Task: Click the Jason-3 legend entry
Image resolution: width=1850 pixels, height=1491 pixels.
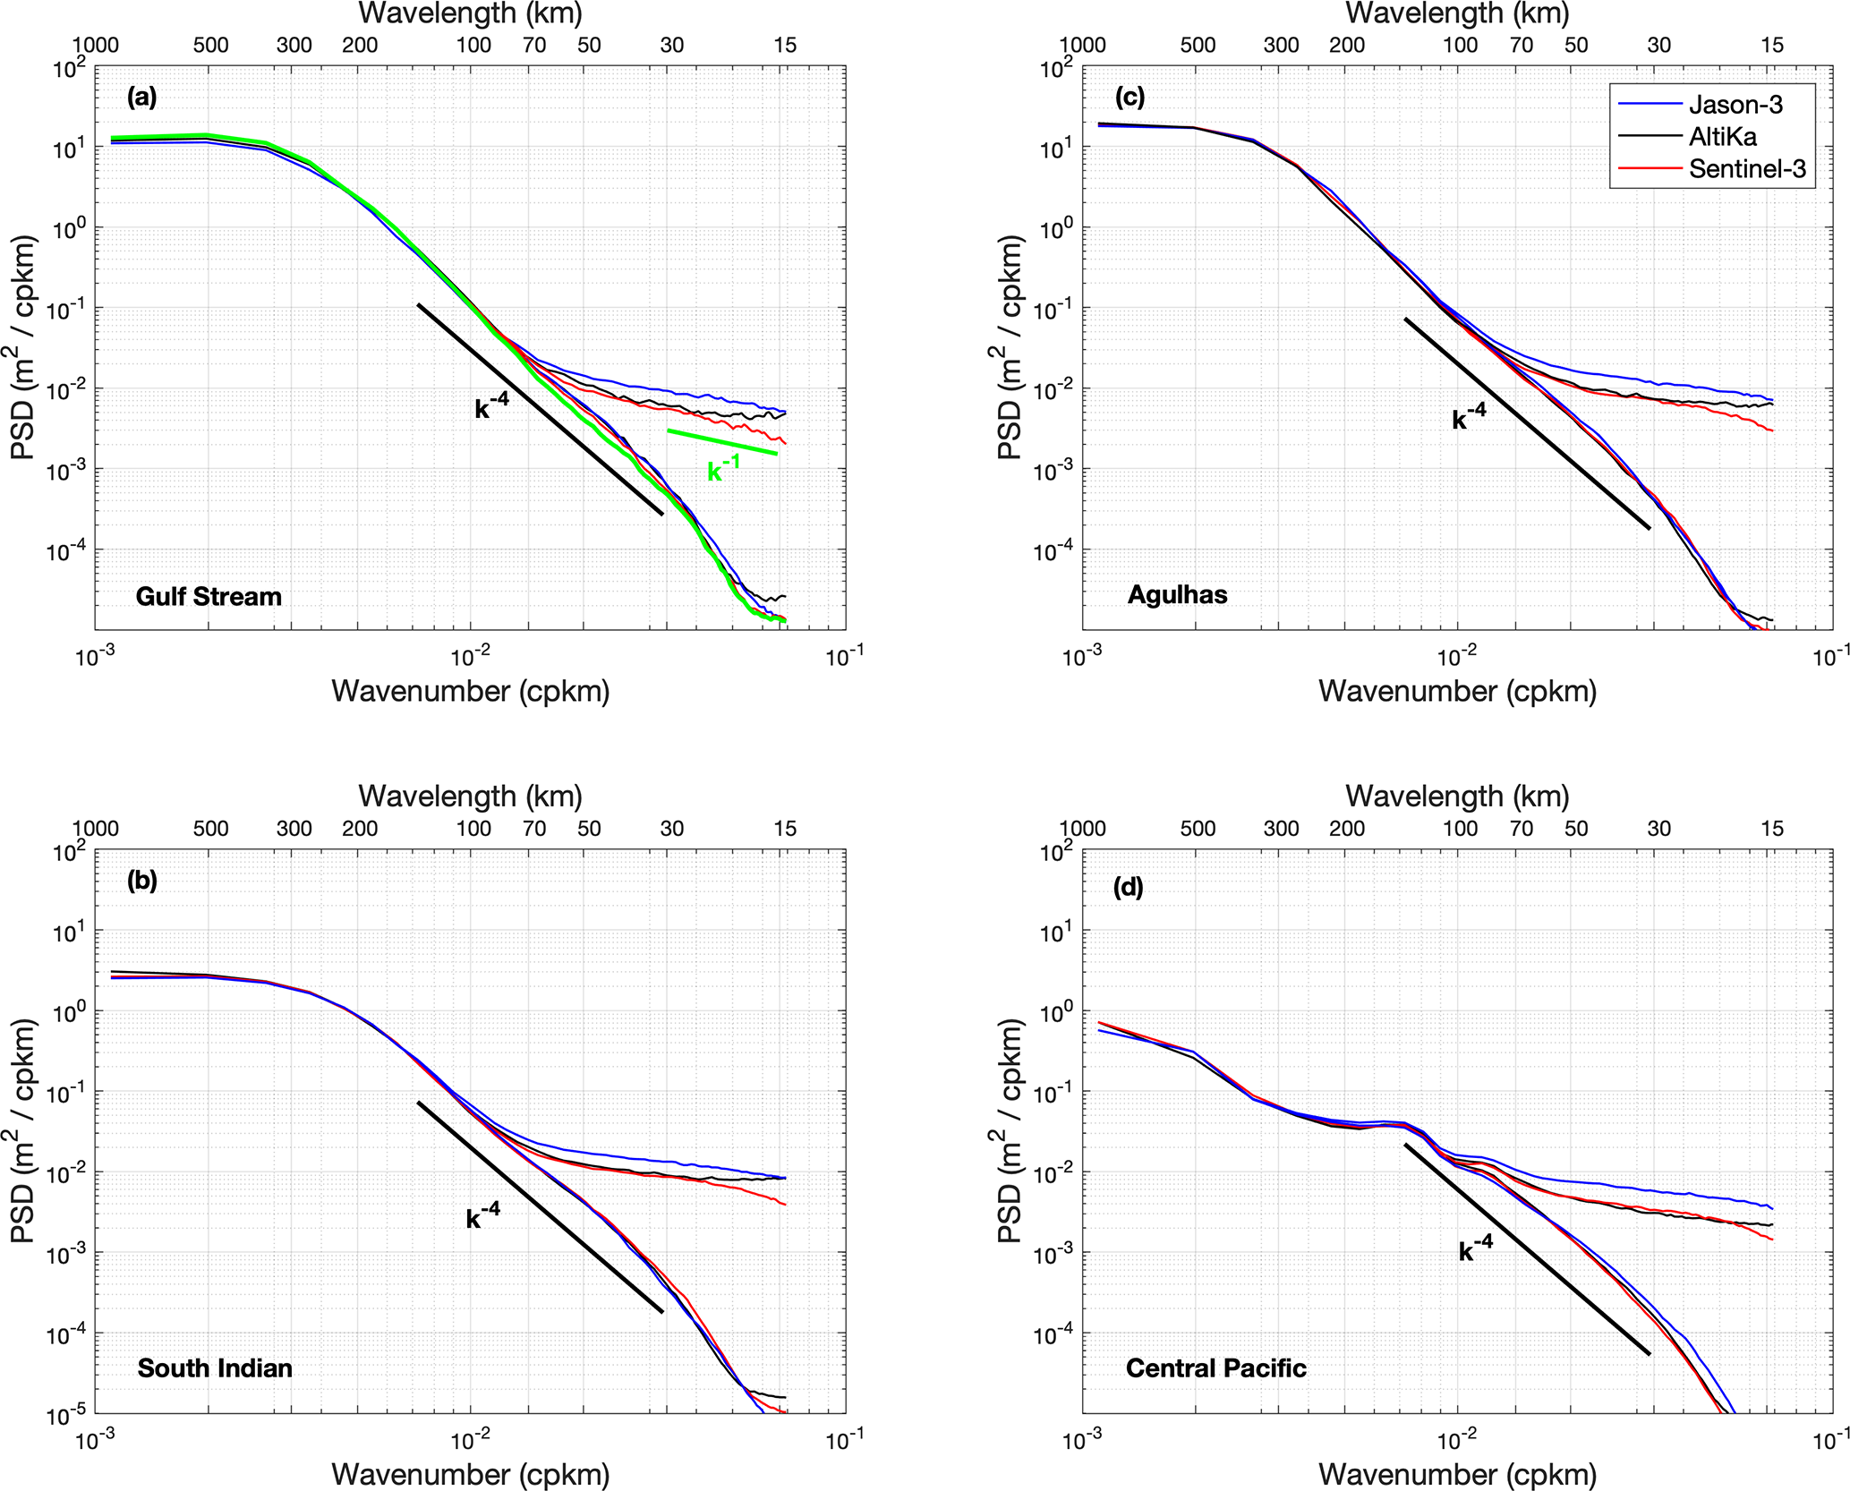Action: (1735, 105)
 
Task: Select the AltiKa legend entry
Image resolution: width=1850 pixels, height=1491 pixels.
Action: (1722, 137)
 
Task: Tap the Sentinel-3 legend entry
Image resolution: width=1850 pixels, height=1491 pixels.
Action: (1746, 169)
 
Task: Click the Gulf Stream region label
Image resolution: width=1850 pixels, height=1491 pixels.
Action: (209, 597)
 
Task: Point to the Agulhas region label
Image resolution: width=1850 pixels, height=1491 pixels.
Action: (1177, 595)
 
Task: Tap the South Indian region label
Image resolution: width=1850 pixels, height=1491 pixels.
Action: (215, 1368)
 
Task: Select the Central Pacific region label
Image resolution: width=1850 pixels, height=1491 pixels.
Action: (1215, 1368)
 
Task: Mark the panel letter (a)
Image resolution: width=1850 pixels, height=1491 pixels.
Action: (142, 98)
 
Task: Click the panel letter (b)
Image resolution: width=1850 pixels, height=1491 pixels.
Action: (142, 881)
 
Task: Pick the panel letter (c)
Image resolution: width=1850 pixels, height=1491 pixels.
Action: (1129, 98)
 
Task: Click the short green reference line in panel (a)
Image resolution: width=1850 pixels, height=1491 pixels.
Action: (721, 442)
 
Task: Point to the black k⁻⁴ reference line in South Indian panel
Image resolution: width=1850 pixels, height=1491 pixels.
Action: (540, 1206)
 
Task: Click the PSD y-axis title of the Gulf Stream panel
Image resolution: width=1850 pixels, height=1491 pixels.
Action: (25, 347)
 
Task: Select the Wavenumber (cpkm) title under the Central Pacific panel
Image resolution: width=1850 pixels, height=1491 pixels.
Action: (1457, 1474)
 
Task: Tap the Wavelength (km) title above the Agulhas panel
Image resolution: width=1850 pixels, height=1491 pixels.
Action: (1457, 13)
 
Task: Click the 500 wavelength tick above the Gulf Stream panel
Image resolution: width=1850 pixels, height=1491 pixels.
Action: (211, 45)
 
